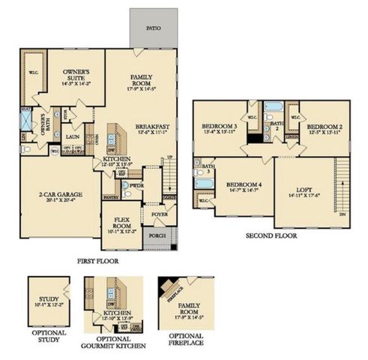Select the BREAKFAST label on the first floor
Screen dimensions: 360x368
click(150, 127)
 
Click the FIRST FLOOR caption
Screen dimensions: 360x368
click(98, 261)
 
